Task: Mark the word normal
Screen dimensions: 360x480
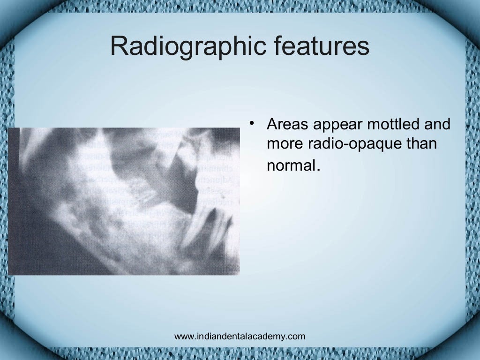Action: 291,165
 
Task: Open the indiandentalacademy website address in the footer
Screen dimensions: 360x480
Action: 239,336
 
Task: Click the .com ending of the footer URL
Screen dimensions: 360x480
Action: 297,336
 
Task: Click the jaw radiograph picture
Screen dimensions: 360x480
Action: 124,201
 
